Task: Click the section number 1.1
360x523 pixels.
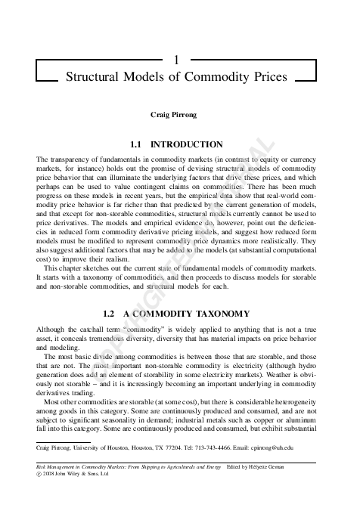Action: point(138,144)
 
